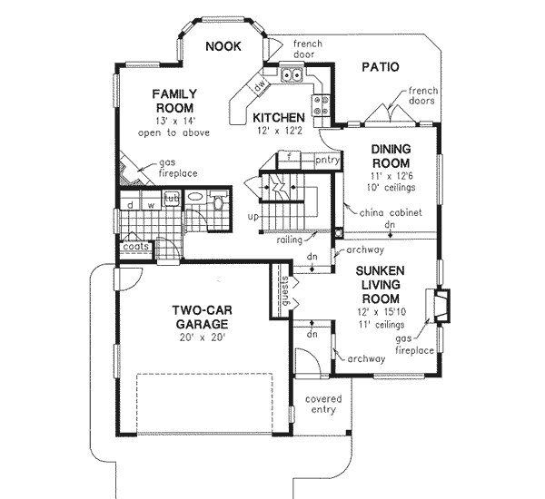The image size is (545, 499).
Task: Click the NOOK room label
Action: (x=223, y=47)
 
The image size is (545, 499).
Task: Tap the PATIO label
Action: (x=381, y=66)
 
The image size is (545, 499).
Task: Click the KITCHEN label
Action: (x=279, y=118)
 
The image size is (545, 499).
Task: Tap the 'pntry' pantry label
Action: (x=326, y=161)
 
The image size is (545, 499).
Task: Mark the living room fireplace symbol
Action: (x=441, y=306)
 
